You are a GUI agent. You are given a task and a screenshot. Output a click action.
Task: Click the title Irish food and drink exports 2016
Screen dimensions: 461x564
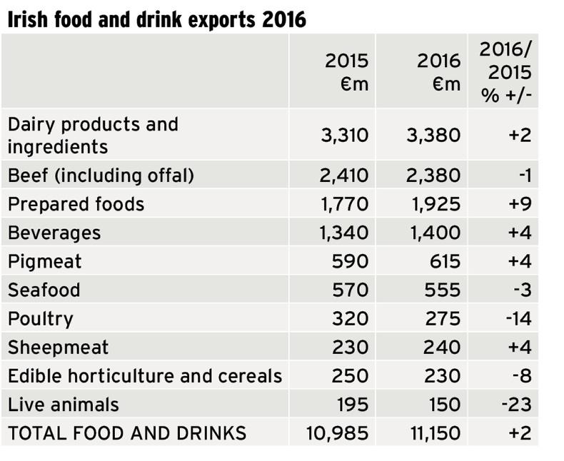click(156, 19)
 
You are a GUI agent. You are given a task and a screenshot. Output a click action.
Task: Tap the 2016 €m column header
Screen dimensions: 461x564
click(438, 72)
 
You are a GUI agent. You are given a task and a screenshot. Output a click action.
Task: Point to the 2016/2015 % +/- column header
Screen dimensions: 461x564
click(505, 72)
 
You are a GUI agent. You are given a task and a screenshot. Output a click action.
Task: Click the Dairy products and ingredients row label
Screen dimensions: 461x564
click(93, 135)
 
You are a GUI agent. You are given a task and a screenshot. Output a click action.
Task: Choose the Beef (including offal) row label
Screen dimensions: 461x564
click(101, 176)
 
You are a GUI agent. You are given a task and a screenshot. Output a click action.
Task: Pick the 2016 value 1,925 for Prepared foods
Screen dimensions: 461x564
click(435, 205)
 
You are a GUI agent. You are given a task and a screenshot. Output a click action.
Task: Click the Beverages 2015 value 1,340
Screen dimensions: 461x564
click(344, 233)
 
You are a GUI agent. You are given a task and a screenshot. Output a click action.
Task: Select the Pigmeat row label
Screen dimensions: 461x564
click(45, 262)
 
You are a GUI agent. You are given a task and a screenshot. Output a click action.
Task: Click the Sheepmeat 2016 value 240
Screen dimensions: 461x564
click(443, 348)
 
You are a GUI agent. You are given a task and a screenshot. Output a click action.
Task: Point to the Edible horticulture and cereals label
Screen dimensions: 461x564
click(145, 376)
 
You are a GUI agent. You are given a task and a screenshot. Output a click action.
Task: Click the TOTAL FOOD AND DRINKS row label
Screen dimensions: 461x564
click(127, 433)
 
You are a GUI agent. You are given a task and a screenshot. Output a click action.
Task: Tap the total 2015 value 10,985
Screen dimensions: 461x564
click(339, 433)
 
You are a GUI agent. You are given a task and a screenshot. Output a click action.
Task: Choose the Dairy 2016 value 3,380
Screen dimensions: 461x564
click(434, 135)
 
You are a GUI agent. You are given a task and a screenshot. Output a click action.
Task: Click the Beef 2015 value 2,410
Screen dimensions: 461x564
click(344, 176)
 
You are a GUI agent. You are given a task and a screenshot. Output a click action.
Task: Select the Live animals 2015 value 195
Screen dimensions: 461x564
click(353, 405)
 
